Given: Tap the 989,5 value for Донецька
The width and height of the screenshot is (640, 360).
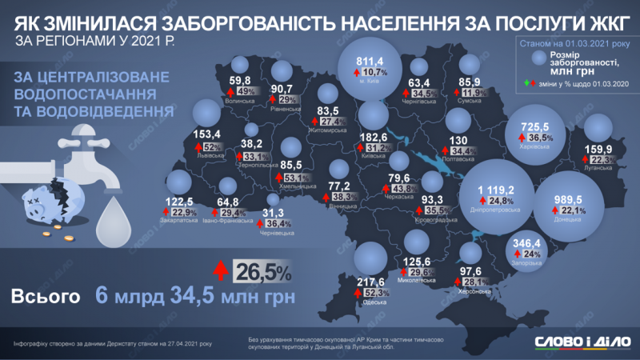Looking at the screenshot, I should [x=563, y=198].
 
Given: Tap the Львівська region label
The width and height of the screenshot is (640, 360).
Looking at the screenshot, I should [x=210, y=158].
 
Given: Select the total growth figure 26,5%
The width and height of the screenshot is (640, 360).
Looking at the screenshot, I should [x=262, y=272].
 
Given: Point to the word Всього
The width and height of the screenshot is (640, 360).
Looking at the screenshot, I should [x=46, y=296].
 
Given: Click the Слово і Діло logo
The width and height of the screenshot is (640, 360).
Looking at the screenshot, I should [x=579, y=342].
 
